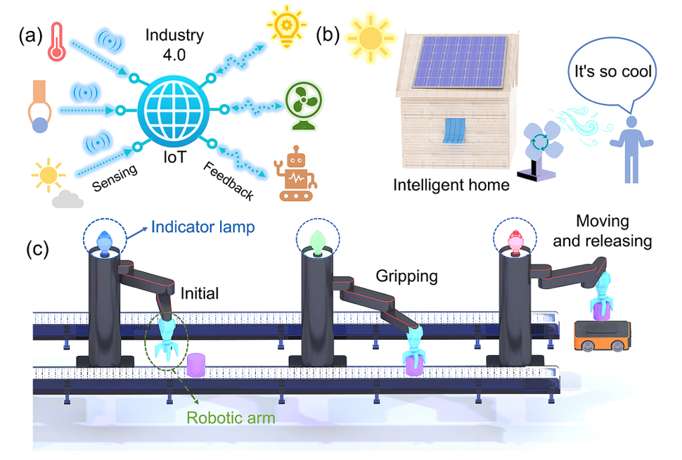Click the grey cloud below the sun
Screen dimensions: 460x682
[x=67, y=200]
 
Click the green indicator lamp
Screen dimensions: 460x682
[x=316, y=241]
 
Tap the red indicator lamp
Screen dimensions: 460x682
[x=515, y=241]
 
